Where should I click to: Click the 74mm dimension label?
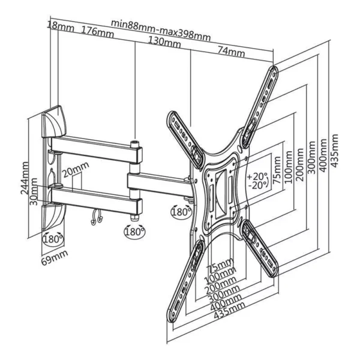click(231, 53)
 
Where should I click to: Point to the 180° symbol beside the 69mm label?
click(52, 239)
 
